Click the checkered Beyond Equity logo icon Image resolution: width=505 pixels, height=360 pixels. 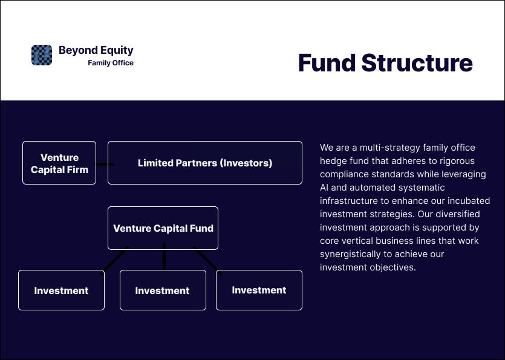[42, 55]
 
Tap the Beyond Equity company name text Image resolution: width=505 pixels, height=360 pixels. [96, 50]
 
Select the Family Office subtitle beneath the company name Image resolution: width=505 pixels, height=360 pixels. [111, 63]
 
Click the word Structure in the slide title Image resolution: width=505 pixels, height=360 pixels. [417, 63]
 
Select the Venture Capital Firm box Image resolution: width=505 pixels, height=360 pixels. [59, 163]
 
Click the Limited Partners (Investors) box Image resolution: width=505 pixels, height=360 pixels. [205, 163]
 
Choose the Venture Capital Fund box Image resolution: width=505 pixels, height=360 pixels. [163, 228]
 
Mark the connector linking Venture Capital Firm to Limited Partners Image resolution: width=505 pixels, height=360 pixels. [105, 163]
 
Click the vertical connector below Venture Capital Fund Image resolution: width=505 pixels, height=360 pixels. [164, 256]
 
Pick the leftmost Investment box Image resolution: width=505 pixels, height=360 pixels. [61, 290]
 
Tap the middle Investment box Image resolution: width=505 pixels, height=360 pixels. [163, 290]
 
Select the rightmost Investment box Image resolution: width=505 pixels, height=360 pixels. [259, 290]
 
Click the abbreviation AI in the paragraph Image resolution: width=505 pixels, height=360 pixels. [325, 188]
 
